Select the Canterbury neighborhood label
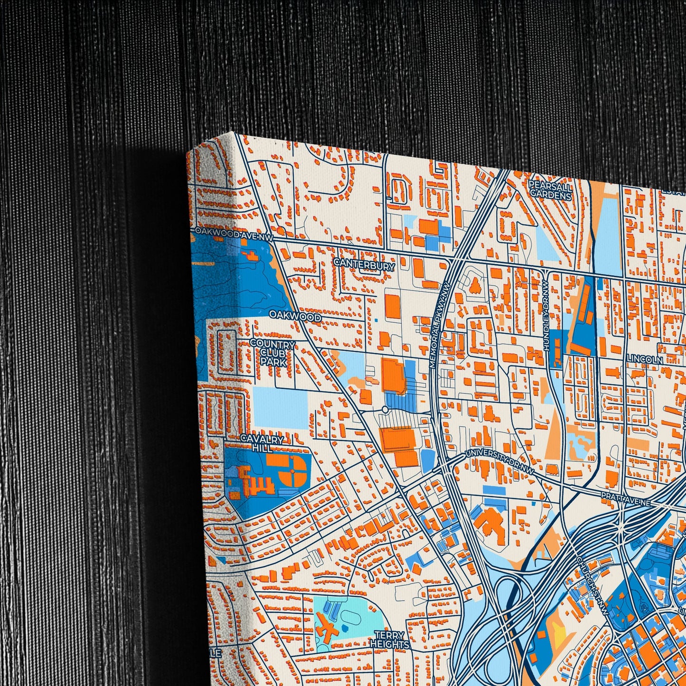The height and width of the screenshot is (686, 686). pos(364,264)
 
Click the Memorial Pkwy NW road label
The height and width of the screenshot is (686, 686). pos(440,325)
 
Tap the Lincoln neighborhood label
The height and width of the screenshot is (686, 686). pos(644,359)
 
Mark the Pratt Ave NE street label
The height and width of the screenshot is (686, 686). pos(626,499)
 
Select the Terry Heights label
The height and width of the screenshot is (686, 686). pos(389,640)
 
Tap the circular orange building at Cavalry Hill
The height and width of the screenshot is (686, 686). pos(291,471)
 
